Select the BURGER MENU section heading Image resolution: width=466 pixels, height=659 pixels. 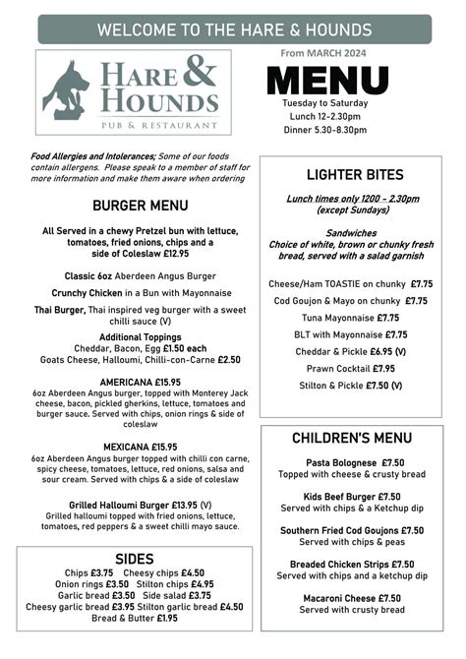point(141,206)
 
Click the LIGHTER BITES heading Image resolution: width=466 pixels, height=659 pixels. point(351,175)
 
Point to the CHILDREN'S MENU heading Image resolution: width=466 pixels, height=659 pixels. point(351,438)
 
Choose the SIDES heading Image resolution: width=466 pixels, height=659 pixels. point(135,559)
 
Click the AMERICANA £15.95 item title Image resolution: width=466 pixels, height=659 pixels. point(141,383)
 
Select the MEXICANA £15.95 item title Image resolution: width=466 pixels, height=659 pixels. point(141,447)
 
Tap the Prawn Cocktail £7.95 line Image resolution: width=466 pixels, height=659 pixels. point(351,369)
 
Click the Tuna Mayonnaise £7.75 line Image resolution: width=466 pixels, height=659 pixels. point(351,318)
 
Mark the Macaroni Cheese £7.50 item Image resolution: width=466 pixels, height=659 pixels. point(351,598)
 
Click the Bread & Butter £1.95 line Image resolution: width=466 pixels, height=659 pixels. point(135,619)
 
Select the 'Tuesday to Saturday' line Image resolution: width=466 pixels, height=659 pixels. point(324,103)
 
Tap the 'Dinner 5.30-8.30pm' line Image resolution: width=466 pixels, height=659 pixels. point(324,129)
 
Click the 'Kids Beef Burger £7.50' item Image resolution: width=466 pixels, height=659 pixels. point(351,497)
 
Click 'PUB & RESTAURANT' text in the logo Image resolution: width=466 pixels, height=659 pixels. point(150,126)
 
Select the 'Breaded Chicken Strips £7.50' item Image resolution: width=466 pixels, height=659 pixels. point(351,565)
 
